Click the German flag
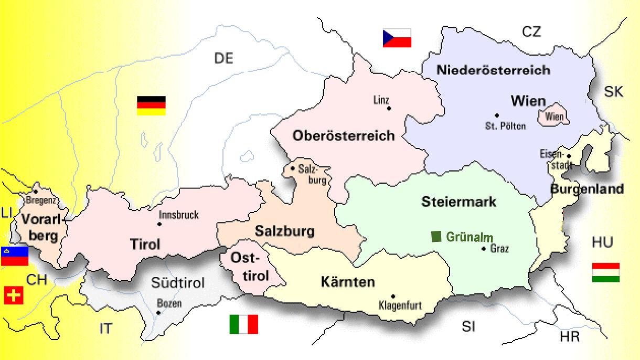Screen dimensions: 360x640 pyautogui.click(x=151, y=105)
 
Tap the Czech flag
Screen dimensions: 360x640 pyautogui.click(x=397, y=38)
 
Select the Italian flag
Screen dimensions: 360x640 pyautogui.click(x=243, y=324)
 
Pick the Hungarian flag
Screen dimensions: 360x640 pyautogui.click(x=605, y=272)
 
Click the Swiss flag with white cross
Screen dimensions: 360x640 pyautogui.click(x=14, y=296)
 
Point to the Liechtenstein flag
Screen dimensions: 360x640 pyautogui.click(x=14, y=256)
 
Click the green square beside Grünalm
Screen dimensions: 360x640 pyautogui.click(x=436, y=236)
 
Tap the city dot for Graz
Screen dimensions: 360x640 pyautogui.click(x=484, y=248)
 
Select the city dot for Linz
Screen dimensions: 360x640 pyautogui.click(x=389, y=108)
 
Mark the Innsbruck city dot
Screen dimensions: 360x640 pyautogui.click(x=159, y=224)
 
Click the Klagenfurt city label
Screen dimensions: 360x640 pyautogui.click(x=400, y=305)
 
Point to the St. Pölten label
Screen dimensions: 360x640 pyautogui.click(x=505, y=126)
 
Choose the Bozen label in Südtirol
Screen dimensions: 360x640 pyautogui.click(x=169, y=303)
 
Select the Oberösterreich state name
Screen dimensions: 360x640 pyautogui.click(x=344, y=136)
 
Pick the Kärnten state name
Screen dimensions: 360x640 pyautogui.click(x=347, y=282)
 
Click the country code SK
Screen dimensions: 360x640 pyautogui.click(x=613, y=92)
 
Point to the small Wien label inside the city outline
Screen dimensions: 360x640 pyautogui.click(x=554, y=117)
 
